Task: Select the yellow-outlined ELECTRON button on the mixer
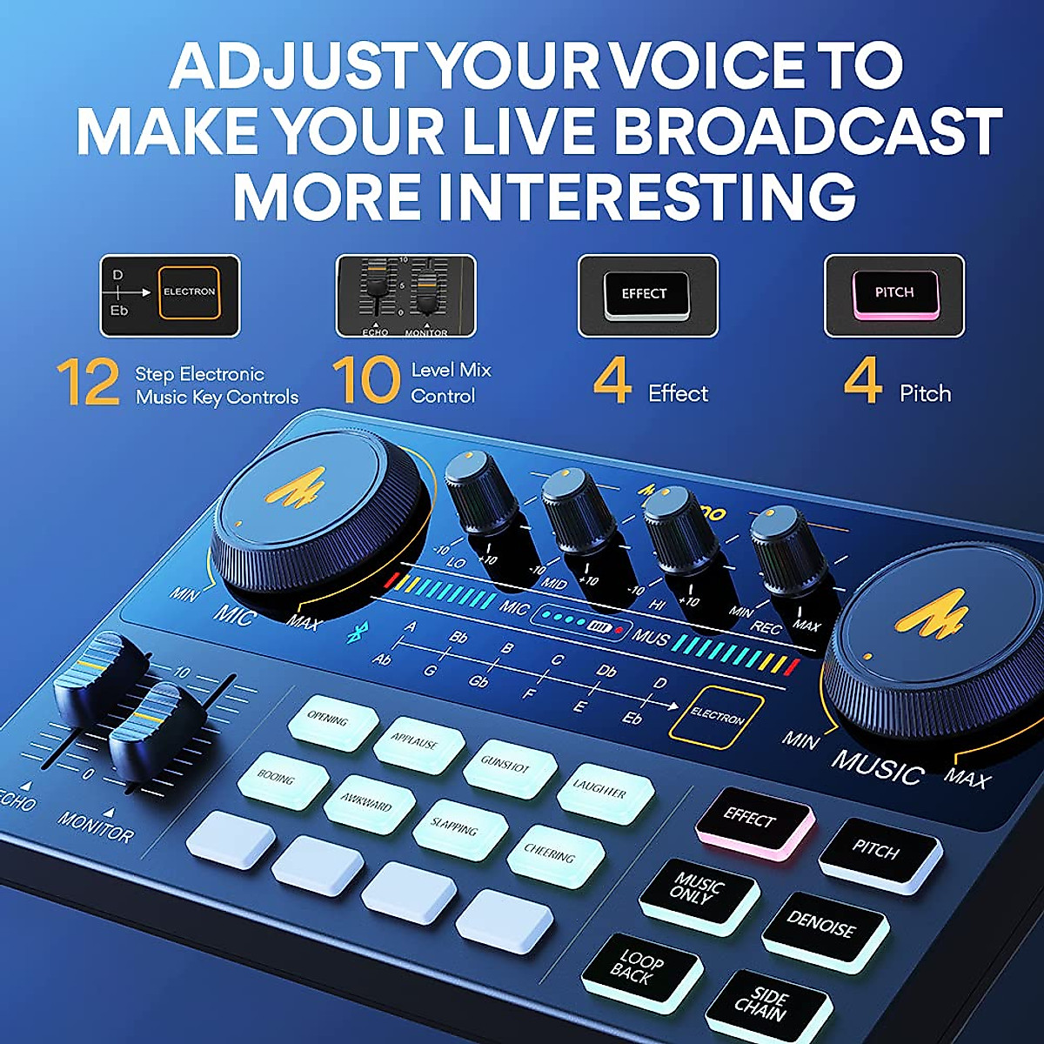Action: point(716,718)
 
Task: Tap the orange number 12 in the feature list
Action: point(88,383)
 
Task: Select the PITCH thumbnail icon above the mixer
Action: point(893,295)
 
